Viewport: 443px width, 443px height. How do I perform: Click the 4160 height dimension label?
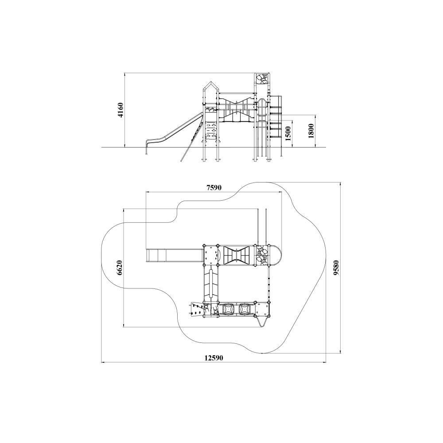pyautogui.click(x=120, y=110)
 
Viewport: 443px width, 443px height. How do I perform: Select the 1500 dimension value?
pyautogui.click(x=288, y=134)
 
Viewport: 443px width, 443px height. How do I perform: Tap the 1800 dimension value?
pyautogui.click(x=311, y=131)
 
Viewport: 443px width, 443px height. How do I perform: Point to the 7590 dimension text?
pyautogui.click(x=214, y=187)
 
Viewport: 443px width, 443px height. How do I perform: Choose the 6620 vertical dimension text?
pyautogui.click(x=120, y=268)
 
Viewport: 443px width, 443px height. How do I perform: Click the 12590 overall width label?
pyautogui.click(x=214, y=358)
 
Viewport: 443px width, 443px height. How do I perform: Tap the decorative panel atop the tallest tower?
pyautogui.click(x=262, y=79)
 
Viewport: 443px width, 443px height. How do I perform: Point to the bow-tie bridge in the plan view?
pyautogui.click(x=236, y=255)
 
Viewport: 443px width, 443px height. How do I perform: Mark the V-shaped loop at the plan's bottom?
pyautogui.click(x=262, y=322)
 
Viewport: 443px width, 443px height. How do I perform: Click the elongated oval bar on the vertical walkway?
pyautogui.click(x=211, y=284)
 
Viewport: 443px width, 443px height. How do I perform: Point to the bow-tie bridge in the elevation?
pyautogui.click(x=236, y=109)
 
